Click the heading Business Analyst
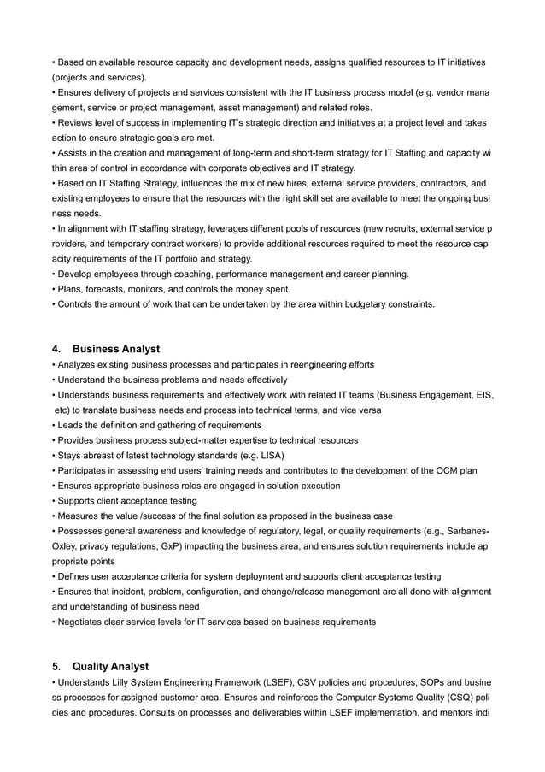(116, 349)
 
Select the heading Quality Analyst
(110, 667)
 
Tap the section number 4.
(56, 349)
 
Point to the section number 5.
(56, 667)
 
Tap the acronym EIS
(479, 395)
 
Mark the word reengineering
(320, 365)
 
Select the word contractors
(436, 183)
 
